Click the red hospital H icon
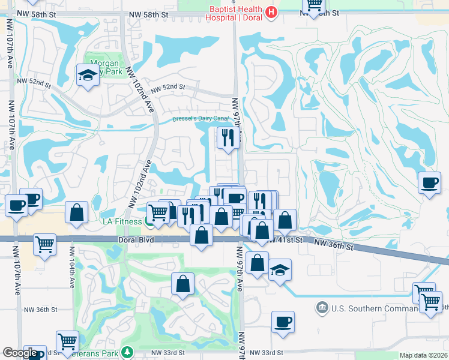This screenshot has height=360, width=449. [271, 12]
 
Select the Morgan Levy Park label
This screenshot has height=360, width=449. [104, 67]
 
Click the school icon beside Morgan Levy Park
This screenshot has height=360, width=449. [88, 76]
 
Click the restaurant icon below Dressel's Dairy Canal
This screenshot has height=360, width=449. [228, 137]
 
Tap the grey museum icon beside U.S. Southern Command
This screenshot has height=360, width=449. [322, 308]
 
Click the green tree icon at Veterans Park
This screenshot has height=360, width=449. [127, 352]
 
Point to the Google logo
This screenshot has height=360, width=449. [20, 353]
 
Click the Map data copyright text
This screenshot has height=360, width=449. [424, 355]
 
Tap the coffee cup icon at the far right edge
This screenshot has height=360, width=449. [429, 182]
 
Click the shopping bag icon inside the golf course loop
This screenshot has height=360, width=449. [183, 284]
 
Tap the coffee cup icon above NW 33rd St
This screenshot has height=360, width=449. [283, 322]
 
